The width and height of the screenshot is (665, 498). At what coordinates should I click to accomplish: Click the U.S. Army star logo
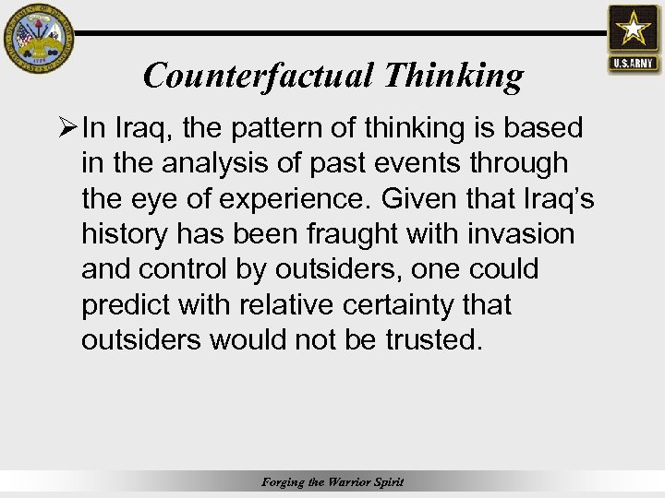[x=634, y=38]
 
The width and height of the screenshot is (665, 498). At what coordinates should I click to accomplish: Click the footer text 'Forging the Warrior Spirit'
[x=332, y=482]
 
